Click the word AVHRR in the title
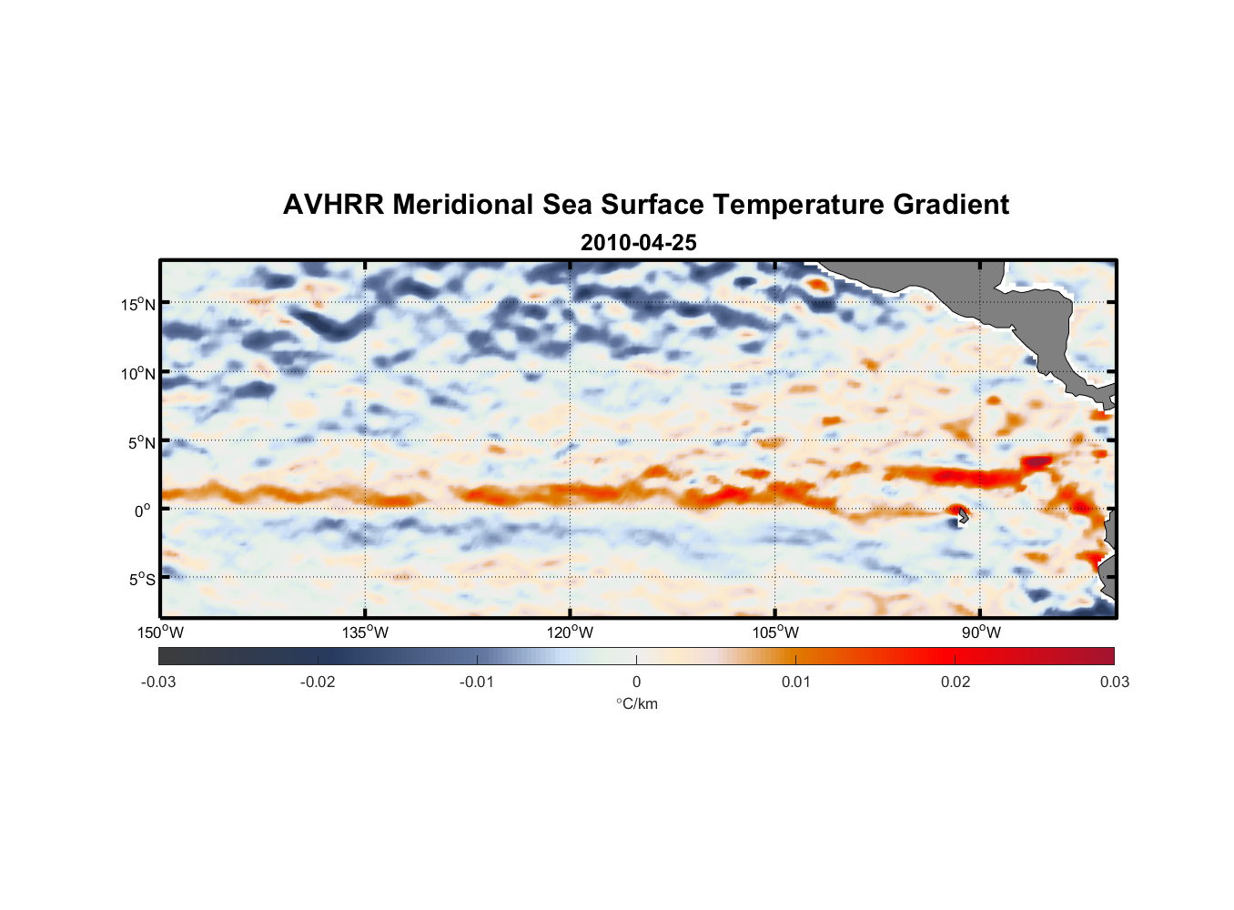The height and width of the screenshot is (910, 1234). coord(334,205)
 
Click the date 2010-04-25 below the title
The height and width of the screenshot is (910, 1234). coord(638,243)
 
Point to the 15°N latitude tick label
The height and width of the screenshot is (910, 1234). coord(138,304)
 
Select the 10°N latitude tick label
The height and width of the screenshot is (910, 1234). coord(138,373)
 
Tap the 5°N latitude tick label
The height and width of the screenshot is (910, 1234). coord(141,442)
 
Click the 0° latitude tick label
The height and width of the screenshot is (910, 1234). coord(144,511)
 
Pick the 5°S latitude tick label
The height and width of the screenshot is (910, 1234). coord(141,579)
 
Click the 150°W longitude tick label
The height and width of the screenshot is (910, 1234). coord(160,632)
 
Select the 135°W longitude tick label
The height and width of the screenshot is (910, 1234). coord(365,632)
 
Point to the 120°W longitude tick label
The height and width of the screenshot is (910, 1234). coord(570,632)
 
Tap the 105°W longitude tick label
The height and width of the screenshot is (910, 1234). coord(775,632)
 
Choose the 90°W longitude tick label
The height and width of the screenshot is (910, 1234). coord(981,632)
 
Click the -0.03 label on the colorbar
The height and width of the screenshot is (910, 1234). coord(158,682)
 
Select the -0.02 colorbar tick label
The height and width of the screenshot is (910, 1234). coord(318,682)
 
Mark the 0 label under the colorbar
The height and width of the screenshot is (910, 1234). coord(636,682)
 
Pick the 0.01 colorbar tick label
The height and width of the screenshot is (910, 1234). coord(795,682)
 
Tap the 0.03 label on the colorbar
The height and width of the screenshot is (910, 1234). coord(1114,682)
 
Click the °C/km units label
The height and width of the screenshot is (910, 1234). coord(636,703)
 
